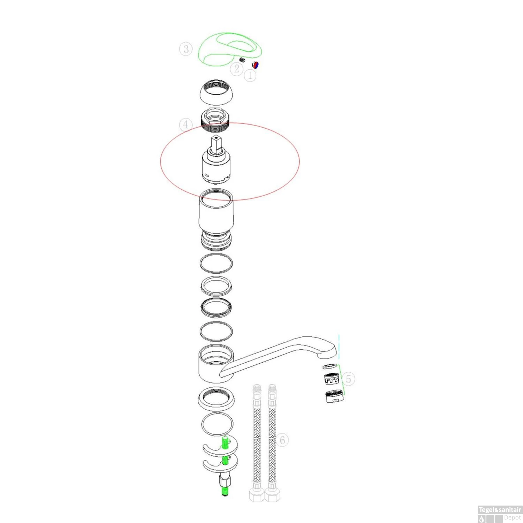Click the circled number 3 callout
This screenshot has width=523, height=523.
coord(186,49)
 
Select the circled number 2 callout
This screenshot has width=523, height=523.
coord(237,69)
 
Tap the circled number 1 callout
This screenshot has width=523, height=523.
coord(250,75)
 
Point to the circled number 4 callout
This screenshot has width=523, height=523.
coord(186,124)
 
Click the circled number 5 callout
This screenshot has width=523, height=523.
coord(348,379)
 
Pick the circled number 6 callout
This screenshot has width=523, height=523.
coord(282,440)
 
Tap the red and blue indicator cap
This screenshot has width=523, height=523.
coord(256,65)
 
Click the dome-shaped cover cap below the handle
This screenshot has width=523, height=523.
coord(216,92)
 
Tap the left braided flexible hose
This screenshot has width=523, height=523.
coord(257,443)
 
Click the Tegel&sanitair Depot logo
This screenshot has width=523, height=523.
coord(500,514)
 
